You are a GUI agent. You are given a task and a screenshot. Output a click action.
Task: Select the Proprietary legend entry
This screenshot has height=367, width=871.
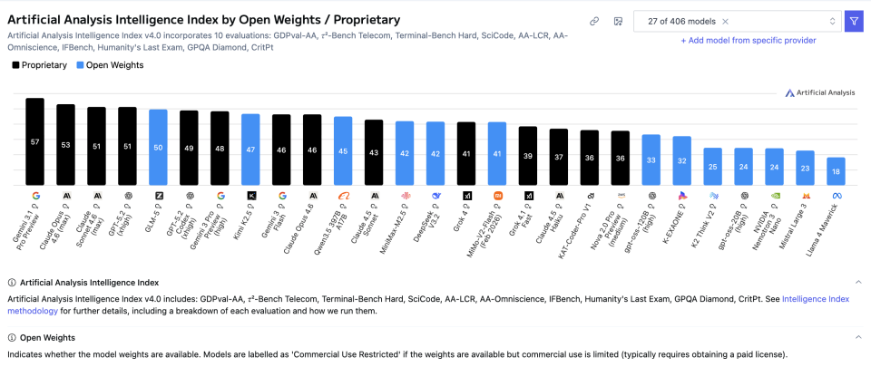tap(40, 65)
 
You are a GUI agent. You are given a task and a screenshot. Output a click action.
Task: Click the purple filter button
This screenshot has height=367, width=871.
tap(854, 21)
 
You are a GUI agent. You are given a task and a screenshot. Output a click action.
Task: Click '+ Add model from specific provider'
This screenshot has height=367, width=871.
tap(748, 40)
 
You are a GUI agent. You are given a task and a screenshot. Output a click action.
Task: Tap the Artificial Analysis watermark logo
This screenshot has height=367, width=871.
tap(820, 92)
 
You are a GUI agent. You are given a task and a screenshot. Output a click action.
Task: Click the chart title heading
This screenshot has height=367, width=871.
tap(204, 19)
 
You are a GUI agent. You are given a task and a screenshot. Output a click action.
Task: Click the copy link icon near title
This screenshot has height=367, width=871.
tap(594, 21)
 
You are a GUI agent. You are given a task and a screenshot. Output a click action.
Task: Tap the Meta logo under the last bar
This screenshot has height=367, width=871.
tap(836, 195)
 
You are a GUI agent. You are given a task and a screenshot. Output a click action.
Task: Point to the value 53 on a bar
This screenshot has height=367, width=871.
tap(65, 144)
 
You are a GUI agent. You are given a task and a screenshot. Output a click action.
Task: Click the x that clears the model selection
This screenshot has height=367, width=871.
tap(725, 21)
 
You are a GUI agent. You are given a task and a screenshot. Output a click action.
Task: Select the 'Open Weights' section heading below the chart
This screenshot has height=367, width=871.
tap(48, 337)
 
